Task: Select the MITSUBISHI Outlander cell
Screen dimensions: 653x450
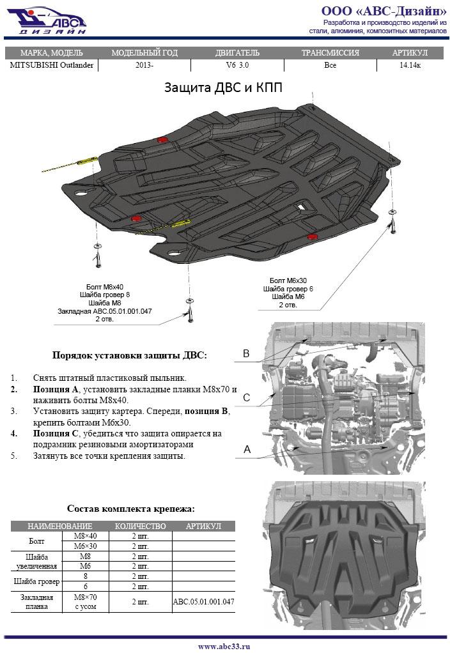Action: [52, 65]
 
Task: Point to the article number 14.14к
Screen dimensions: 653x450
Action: [410, 65]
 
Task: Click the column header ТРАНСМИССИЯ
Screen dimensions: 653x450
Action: [330, 53]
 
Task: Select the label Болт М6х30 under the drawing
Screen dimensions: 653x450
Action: [288, 280]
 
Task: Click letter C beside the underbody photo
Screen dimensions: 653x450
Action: [246, 398]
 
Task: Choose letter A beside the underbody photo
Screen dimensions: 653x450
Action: [246, 450]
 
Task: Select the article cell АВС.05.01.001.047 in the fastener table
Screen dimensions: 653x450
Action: [203, 602]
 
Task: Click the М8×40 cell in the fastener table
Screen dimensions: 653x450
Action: [86, 535]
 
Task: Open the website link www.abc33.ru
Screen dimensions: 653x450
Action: [224, 646]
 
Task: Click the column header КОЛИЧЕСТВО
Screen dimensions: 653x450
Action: [140, 526]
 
